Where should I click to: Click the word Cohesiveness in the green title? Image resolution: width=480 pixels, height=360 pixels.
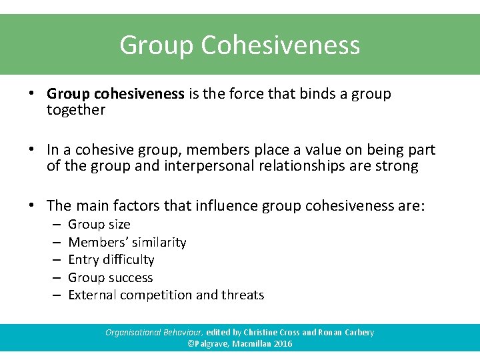point(280,45)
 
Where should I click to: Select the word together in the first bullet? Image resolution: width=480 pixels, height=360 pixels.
point(76,110)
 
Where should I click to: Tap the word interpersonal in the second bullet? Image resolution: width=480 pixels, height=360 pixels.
point(201,166)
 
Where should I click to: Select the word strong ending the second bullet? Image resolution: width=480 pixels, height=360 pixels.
point(397,166)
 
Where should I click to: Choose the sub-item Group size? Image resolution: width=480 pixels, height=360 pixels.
point(99,225)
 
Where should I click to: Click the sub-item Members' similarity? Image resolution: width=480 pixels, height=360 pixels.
point(127,242)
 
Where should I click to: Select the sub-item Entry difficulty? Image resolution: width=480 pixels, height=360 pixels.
point(111,259)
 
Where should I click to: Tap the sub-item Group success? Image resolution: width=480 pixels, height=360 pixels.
point(111,277)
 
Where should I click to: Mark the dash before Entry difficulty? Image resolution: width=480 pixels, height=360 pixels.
point(55,259)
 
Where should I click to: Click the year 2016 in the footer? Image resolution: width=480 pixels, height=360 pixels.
point(282,344)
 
